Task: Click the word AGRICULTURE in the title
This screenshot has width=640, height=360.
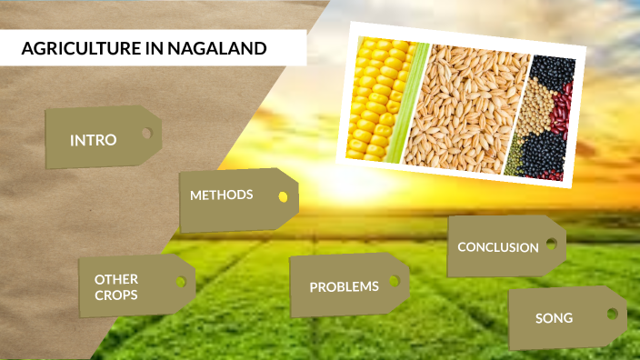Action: [x=80, y=49]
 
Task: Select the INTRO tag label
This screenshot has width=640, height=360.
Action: [x=93, y=140]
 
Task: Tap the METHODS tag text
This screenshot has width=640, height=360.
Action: [x=221, y=195]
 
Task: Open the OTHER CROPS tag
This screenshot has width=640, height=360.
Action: [x=116, y=287]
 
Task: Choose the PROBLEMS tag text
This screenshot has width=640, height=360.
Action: [x=344, y=287]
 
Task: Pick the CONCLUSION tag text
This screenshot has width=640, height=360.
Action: [x=497, y=247]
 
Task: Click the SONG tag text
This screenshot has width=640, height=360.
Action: [x=554, y=318]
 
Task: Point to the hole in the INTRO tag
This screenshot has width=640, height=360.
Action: [x=145, y=134]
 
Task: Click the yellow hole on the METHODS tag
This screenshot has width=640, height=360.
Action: [x=283, y=196]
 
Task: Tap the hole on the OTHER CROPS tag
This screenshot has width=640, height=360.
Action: [x=180, y=282]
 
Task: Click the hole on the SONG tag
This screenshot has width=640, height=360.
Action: [x=611, y=314]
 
